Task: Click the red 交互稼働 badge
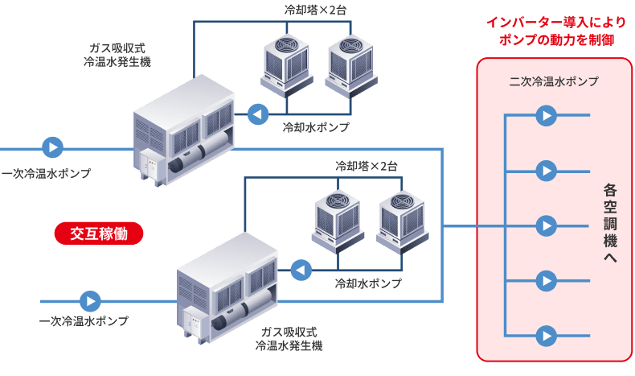[x=99, y=233]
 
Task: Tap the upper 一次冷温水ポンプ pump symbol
[x=53, y=148]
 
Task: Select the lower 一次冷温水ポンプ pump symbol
[x=90, y=301]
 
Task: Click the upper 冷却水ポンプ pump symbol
[x=258, y=115]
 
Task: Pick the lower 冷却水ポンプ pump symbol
[x=301, y=270]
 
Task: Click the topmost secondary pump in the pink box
[x=547, y=116]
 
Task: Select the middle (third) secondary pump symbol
[x=547, y=225]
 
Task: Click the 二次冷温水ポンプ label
[x=554, y=81]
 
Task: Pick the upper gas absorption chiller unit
[x=184, y=133]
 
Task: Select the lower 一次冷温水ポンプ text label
[x=84, y=321]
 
